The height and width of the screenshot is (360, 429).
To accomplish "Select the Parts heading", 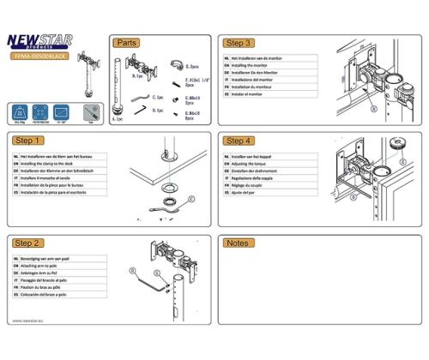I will pos(127,42).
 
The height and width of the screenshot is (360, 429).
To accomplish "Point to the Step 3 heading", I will pos(238,42).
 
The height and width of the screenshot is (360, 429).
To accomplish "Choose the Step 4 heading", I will pos(238,140).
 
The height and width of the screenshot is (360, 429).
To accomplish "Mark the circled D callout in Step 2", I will pos(133,269).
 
